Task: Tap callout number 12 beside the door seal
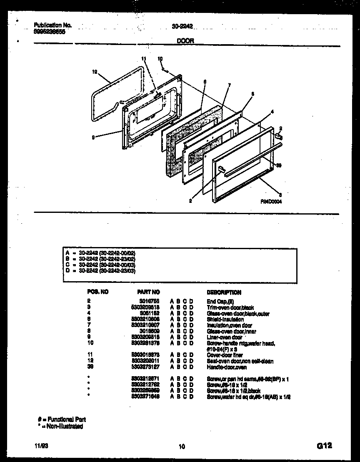[x=95, y=72]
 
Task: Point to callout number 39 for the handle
[x=279, y=165]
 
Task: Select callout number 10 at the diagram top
[x=160, y=59]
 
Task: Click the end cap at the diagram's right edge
[x=279, y=135]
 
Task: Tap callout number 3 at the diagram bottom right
[x=280, y=195]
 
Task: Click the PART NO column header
[x=148, y=292]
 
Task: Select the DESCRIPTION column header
[x=224, y=292]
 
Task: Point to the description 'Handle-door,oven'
[x=227, y=367]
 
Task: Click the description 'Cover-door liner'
[x=225, y=355]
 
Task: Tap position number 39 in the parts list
[x=90, y=367]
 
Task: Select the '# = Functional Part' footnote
[x=62, y=419]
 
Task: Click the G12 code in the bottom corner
[x=324, y=446]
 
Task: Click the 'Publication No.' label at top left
[x=52, y=25]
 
